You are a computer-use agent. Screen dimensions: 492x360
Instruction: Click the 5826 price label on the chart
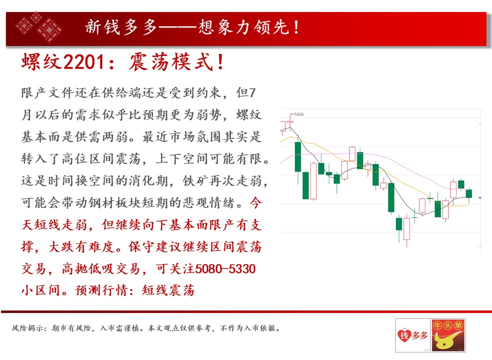pos(299,114)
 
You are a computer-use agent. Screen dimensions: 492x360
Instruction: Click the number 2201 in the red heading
pos(84,62)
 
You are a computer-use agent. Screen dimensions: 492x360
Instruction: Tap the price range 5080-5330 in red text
pos(225,268)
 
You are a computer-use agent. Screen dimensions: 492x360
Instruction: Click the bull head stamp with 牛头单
pos(448,335)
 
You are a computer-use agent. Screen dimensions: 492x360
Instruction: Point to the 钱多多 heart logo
pos(412,335)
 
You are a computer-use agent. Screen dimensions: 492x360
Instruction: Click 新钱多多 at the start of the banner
pos(121,27)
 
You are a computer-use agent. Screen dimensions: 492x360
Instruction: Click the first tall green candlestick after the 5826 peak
pos(298,157)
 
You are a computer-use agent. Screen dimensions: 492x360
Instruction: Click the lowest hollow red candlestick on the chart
pos(406,229)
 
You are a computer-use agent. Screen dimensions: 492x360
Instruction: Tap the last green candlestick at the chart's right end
pos(469,193)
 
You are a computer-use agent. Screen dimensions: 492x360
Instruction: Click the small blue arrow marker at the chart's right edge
pos(479,198)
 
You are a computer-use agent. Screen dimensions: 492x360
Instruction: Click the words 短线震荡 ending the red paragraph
pos(168,290)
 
